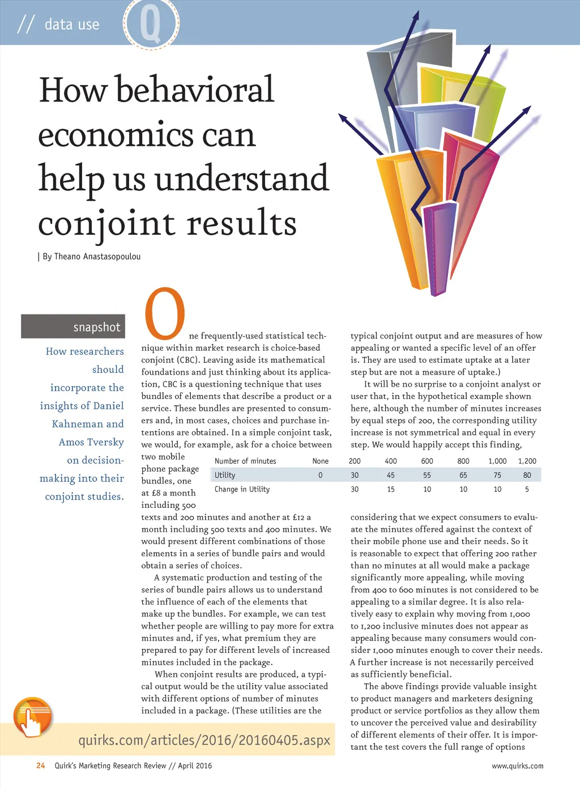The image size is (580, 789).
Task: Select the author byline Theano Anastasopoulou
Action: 91,256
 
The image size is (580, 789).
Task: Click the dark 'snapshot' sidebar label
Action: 73,326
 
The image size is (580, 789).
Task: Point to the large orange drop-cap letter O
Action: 165,312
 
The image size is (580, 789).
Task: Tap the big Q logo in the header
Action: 151,24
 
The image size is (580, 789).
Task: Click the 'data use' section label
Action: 71,24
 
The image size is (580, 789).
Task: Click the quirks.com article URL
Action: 204,740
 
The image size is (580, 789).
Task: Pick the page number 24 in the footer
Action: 41,766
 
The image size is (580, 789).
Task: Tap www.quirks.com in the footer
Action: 517,766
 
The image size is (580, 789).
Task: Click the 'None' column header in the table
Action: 320,461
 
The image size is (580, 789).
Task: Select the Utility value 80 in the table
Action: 527,475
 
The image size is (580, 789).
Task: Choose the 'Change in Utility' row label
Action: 242,489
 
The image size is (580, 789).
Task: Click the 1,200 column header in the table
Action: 527,461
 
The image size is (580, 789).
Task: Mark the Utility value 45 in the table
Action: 391,475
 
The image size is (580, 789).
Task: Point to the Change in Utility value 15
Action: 391,489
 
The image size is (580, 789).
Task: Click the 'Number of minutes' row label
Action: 245,461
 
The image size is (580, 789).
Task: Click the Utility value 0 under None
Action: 320,475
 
